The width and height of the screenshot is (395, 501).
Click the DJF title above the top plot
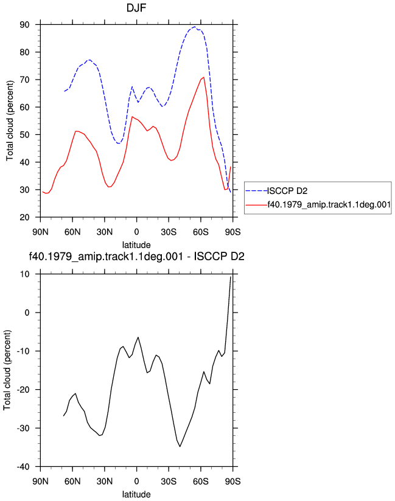tap(136, 7)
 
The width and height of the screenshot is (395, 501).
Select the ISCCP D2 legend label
tap(287, 191)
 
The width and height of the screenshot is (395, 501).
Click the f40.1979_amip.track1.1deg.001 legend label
tap(329, 204)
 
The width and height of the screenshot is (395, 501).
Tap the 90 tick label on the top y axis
tap(24, 24)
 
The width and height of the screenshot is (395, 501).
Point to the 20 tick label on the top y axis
tap(24, 217)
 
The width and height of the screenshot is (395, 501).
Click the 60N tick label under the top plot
tap(72, 232)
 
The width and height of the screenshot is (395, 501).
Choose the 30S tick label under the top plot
tap(169, 232)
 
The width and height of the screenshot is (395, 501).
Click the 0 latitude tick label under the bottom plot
tap(136, 481)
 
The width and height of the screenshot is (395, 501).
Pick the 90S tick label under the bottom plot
tap(232, 481)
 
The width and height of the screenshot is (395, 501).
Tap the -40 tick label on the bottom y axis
tap(23, 467)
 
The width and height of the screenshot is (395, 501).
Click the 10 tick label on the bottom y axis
tap(24, 274)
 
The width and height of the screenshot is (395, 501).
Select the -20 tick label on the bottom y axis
tap(23, 390)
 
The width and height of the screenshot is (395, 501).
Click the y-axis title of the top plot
tap(10, 121)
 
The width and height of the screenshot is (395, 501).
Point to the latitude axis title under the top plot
tap(136, 245)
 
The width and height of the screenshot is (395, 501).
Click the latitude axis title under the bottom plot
tap(136, 494)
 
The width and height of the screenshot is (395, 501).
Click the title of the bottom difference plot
tap(136, 256)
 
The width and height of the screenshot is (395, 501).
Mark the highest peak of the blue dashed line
tap(195, 27)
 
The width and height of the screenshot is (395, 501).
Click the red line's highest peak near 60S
tap(204, 77)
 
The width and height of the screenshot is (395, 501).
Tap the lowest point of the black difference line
tap(180, 446)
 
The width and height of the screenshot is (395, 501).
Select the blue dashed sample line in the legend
tap(256, 191)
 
